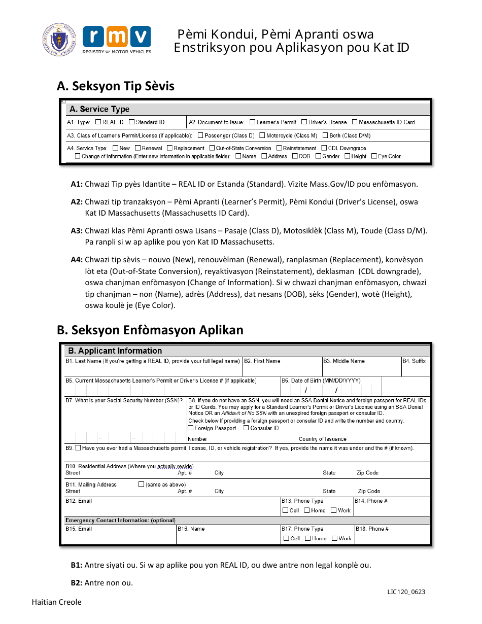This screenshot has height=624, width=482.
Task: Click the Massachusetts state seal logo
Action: coord(59,40)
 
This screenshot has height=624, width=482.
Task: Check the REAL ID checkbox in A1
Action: coord(98,122)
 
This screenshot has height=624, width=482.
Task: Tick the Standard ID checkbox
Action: coord(131,122)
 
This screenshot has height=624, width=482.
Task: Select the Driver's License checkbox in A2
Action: coord(304,122)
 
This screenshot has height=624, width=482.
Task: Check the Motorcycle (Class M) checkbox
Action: coord(262,135)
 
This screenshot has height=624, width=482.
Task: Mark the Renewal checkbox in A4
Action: coord(138,148)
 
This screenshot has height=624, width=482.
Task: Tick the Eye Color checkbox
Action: coord(373,156)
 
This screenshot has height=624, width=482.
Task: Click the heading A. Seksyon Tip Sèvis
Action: coord(116,86)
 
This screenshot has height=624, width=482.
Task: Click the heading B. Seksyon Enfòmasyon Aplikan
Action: coord(150,330)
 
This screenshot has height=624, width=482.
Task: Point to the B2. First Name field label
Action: coord(262,361)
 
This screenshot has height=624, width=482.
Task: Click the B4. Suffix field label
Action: coord(414,361)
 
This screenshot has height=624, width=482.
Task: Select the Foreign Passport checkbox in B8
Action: coord(191,428)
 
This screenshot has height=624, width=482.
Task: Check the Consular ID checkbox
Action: coord(246,428)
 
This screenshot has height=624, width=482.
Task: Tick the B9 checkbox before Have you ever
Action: coord(78,448)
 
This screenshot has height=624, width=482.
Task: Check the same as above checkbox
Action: coord(142,484)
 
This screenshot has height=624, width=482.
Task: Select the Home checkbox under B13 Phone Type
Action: coord(307,510)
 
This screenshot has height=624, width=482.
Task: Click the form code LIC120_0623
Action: coord(406,592)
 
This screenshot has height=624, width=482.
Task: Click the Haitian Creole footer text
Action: coord(56,602)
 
